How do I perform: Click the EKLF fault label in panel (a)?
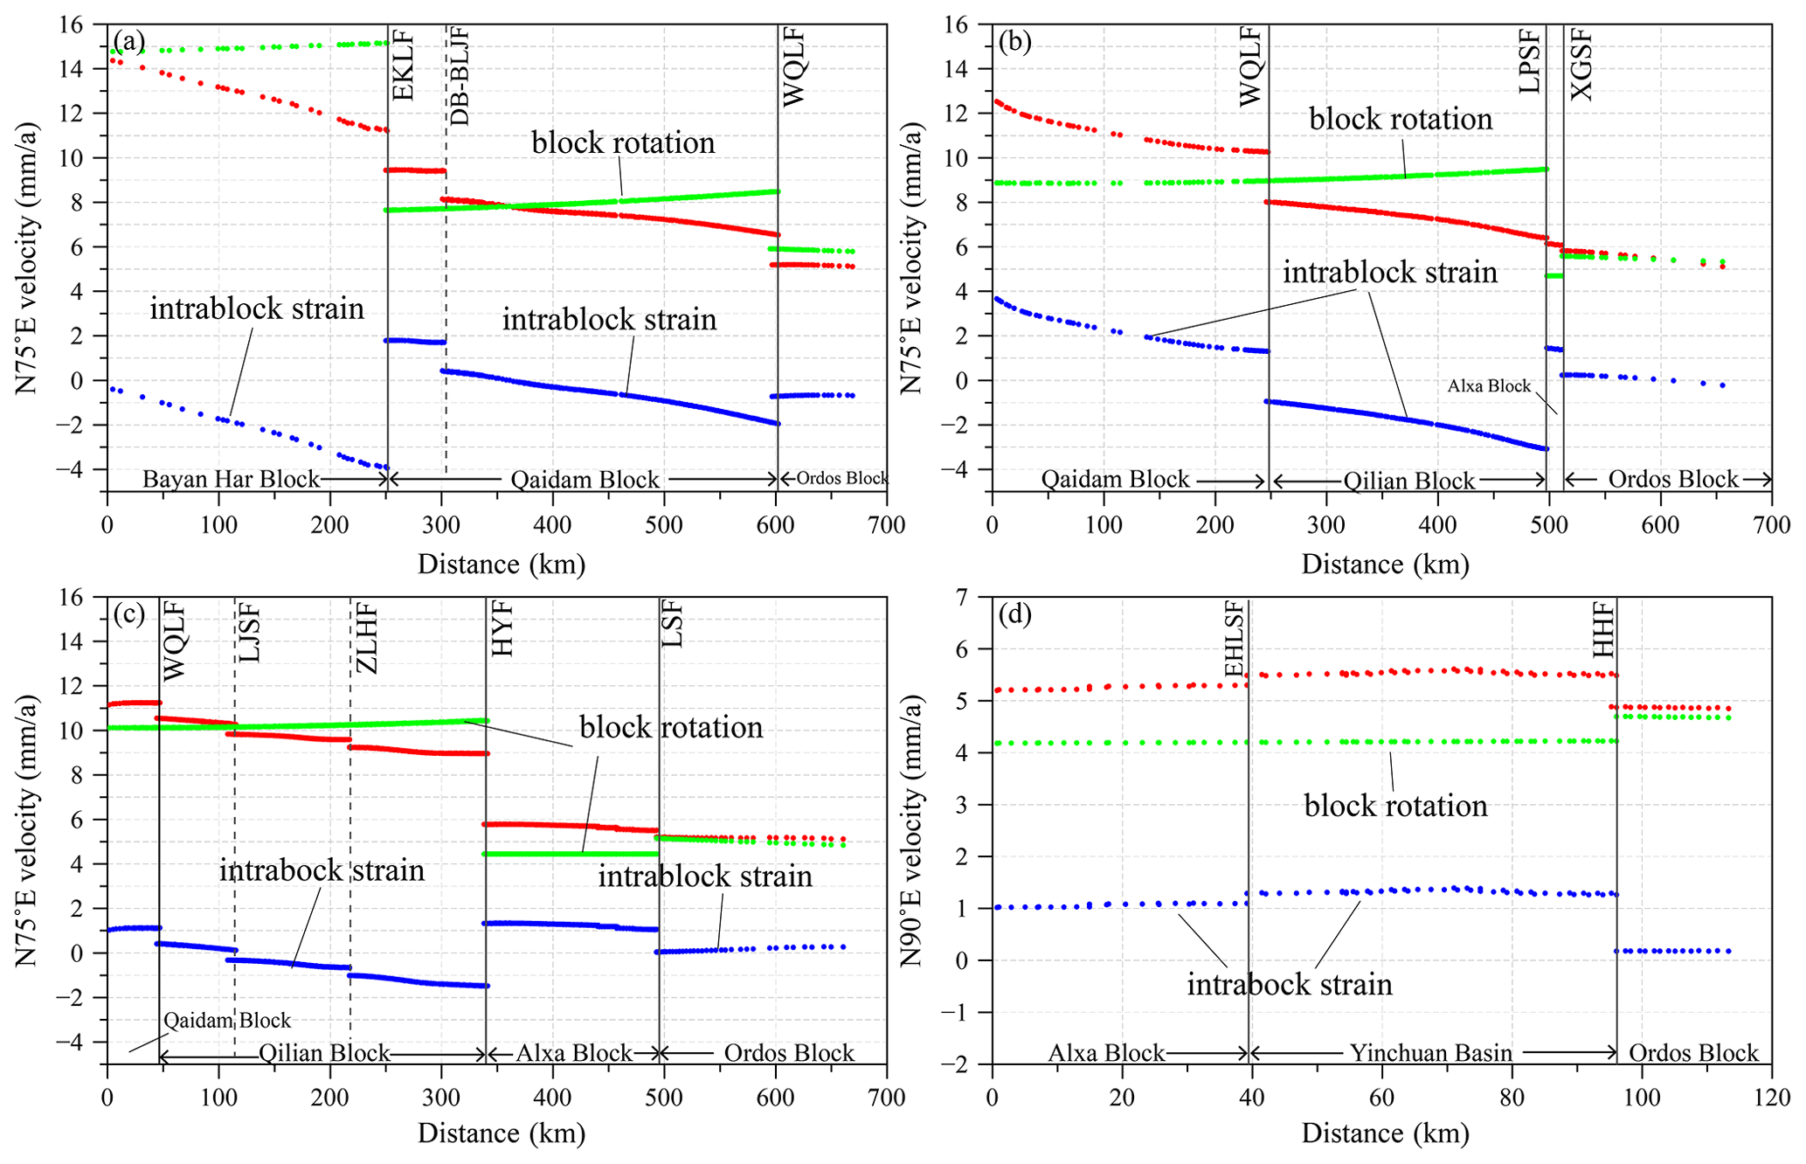(x=403, y=65)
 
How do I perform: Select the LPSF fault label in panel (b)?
(x=1530, y=60)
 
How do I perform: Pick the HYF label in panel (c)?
(x=502, y=630)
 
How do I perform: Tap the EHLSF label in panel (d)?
(x=1235, y=640)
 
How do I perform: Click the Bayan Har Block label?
(x=231, y=479)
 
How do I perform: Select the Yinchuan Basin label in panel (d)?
(x=1431, y=1053)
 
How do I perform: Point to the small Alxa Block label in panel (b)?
(x=1489, y=385)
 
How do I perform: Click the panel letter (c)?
(x=128, y=613)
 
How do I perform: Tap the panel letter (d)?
(x=1014, y=614)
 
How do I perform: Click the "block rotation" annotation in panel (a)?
(x=623, y=142)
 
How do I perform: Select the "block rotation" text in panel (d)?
(x=1395, y=805)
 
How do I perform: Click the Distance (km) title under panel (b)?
(x=1386, y=564)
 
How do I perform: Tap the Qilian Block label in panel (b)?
(x=1408, y=482)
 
